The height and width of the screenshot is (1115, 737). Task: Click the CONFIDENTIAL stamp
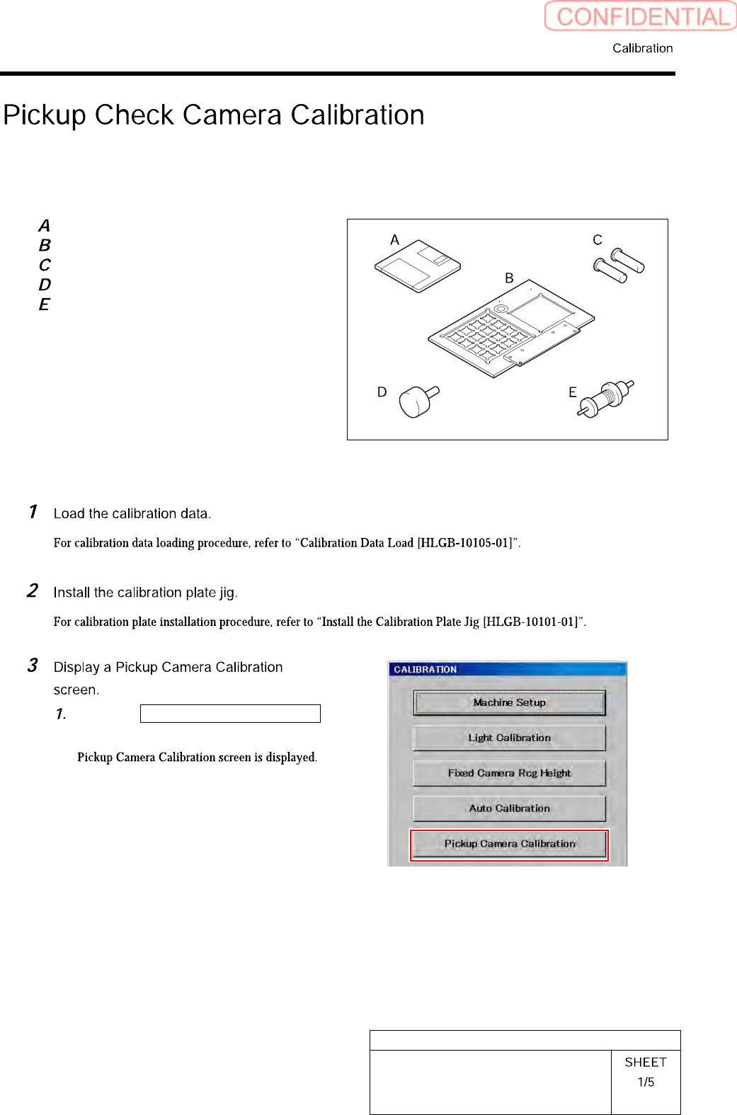(641, 16)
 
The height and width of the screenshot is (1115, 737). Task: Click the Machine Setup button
(509, 703)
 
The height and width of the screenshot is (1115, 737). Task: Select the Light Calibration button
(509, 738)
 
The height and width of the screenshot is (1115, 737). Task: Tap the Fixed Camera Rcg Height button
(509, 773)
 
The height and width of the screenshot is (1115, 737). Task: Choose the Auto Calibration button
(509, 808)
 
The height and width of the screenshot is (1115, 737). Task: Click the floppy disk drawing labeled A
(418, 267)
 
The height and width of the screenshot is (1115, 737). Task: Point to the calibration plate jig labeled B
(510, 328)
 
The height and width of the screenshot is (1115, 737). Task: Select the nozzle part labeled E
(606, 398)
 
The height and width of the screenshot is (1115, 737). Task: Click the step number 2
(33, 590)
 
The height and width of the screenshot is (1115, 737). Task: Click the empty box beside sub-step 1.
(230, 714)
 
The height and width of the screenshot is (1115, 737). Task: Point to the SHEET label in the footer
(646, 1062)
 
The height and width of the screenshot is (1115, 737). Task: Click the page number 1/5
(646, 1082)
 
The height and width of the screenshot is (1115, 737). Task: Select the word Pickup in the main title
(45, 115)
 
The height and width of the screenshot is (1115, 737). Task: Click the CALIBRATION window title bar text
(425, 670)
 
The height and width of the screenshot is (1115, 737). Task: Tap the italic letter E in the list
(45, 304)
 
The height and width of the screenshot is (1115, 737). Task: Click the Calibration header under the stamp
(642, 48)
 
